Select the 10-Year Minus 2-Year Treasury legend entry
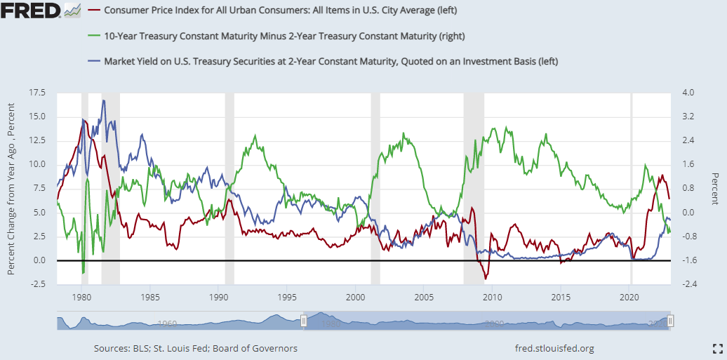coord(284,36)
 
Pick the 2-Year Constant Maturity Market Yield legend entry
coord(331,61)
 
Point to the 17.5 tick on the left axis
coord(37,93)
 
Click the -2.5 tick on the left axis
coord(37,284)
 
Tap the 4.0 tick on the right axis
coord(688,93)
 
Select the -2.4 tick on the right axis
coord(688,284)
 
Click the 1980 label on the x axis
coord(82,297)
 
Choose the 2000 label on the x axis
coord(356,297)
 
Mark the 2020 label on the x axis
coord(630,297)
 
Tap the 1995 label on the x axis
coord(288,297)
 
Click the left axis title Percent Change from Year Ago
coord(12,188)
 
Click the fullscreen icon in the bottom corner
coord(717,348)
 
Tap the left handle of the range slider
coord(304,321)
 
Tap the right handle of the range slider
coord(671,321)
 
